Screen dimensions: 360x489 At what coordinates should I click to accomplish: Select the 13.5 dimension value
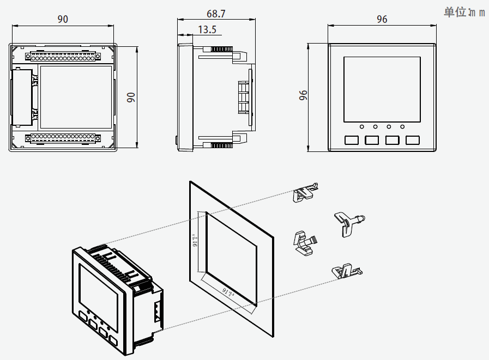(x=207, y=29)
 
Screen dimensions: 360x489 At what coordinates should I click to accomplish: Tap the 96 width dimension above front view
(x=382, y=19)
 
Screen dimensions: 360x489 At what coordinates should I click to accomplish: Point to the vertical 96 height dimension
(x=304, y=96)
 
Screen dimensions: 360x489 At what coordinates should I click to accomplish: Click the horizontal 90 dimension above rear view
(x=63, y=19)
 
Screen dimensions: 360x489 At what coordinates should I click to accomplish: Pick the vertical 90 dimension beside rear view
(x=131, y=97)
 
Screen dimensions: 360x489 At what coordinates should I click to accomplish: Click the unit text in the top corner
(x=464, y=12)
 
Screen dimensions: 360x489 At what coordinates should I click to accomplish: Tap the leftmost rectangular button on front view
(x=352, y=140)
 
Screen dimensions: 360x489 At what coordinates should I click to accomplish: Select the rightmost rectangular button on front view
(x=412, y=140)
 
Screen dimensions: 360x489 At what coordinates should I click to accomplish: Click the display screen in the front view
(x=382, y=89)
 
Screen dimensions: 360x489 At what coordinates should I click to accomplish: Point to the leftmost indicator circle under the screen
(x=361, y=127)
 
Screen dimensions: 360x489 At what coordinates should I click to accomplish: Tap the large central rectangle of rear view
(x=76, y=96)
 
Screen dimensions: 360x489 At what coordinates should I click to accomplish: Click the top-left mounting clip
(x=304, y=192)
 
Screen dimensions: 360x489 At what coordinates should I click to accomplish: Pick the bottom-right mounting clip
(x=345, y=270)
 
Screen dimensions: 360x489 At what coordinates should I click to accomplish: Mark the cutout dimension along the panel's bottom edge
(x=228, y=292)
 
